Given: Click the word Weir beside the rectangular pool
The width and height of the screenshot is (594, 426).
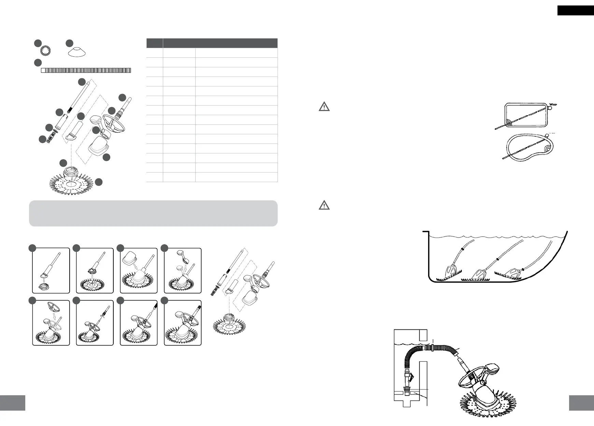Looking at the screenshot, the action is point(553,104).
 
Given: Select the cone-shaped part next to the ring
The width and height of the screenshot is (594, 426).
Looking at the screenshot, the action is point(77,52).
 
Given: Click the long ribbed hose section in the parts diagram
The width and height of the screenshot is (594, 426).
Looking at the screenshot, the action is point(86,70).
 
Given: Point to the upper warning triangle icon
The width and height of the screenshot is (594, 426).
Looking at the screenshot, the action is point(324,107).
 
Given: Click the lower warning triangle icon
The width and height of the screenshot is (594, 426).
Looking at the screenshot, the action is point(324,205).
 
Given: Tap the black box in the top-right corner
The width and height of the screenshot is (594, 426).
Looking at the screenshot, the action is point(575,10).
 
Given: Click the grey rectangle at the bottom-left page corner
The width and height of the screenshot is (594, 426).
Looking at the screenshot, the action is point(13,403).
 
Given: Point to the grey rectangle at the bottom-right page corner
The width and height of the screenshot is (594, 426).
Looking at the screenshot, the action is point(581,403).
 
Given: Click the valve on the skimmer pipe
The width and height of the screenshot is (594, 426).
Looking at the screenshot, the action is point(411,377).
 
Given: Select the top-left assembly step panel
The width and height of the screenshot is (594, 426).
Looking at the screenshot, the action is point(51,270).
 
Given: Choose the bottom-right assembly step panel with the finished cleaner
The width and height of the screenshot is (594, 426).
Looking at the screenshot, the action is point(183,323).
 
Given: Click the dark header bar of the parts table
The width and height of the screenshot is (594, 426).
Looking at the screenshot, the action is point(212,43).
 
